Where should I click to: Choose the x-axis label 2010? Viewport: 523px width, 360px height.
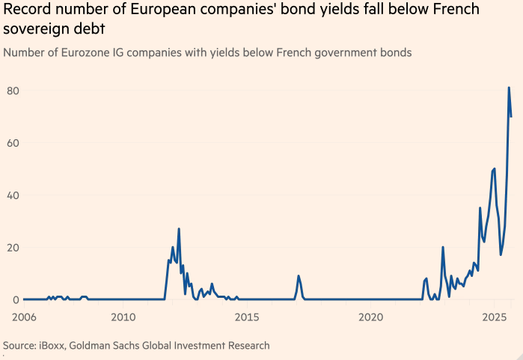click(x=123, y=317)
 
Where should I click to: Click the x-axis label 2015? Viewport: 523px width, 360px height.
click(x=247, y=317)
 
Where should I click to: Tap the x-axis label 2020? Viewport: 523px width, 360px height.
click(x=370, y=317)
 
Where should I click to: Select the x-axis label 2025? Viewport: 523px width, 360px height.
click(x=494, y=317)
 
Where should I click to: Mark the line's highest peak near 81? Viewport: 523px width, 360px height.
click(x=509, y=88)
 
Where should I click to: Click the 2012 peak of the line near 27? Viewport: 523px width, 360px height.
click(x=179, y=229)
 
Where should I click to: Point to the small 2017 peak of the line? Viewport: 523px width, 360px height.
click(x=299, y=276)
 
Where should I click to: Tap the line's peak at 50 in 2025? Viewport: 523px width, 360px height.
click(x=495, y=168)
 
